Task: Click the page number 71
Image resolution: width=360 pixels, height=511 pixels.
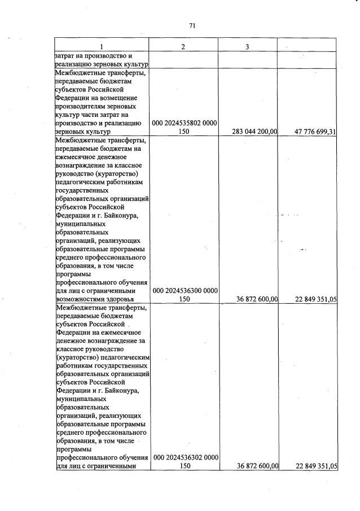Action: click(x=192, y=25)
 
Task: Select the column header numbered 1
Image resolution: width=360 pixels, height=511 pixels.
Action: click(x=102, y=46)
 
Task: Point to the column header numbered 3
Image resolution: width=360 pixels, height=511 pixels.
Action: click(x=247, y=46)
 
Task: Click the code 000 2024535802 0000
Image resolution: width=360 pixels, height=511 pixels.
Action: click(x=185, y=123)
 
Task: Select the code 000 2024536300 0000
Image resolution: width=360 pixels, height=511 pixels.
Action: click(x=185, y=291)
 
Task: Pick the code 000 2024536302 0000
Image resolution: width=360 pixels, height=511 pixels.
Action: click(x=185, y=457)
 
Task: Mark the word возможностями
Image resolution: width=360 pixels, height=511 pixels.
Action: click(x=79, y=299)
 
